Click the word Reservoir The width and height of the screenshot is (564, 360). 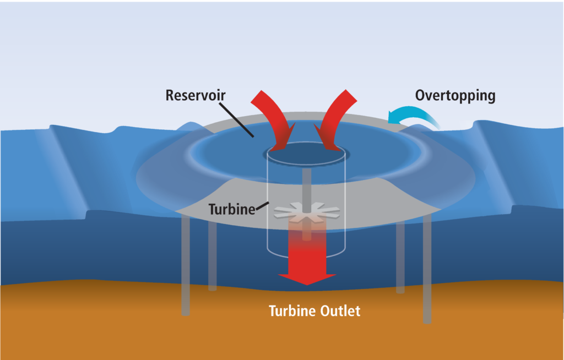point(196,95)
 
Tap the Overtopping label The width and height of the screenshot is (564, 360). point(455,96)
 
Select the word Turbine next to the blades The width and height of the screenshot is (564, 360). point(232,209)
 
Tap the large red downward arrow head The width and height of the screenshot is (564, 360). point(307,279)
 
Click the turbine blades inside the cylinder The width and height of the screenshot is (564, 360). point(307,212)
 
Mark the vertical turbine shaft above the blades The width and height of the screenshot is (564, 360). point(306,189)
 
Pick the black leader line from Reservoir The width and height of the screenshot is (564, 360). point(236,120)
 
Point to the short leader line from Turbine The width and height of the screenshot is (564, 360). point(262,206)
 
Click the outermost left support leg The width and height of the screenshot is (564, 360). point(186,265)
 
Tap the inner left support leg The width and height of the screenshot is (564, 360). point(212,256)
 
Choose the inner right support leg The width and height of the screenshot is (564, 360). point(400,258)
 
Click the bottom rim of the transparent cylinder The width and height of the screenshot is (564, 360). point(306,255)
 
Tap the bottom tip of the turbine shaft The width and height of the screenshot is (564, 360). point(306,239)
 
